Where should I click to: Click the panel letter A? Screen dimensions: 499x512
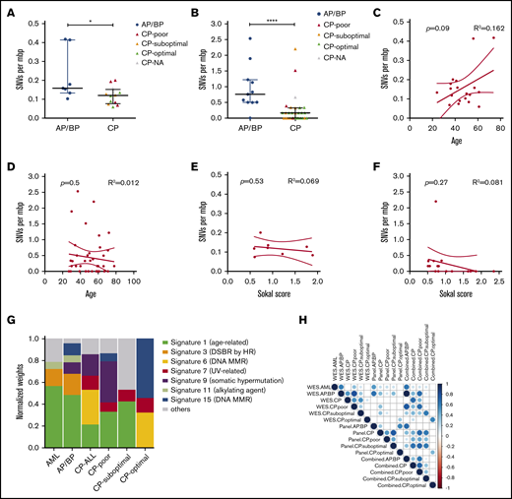[x=7, y=9]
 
